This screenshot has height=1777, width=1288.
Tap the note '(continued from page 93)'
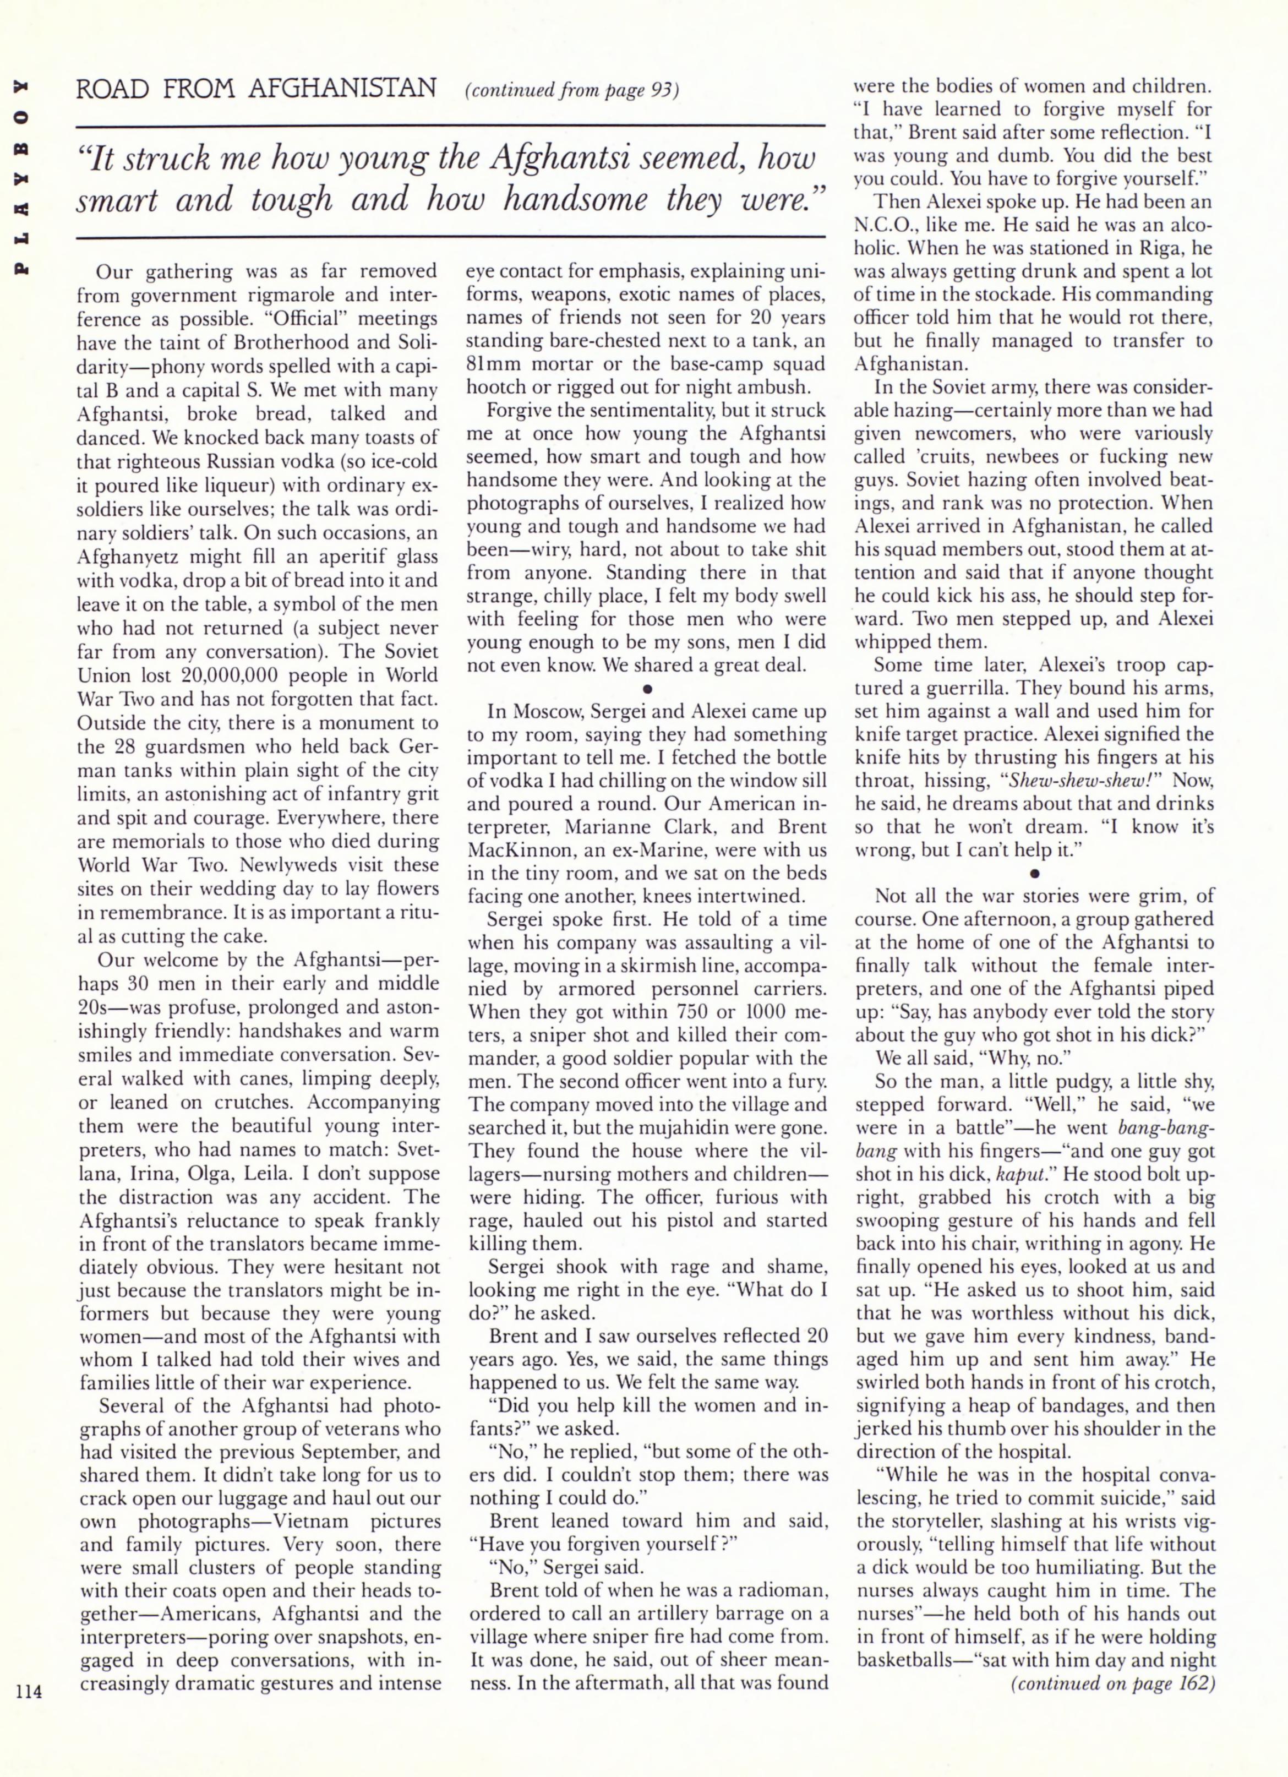click(x=571, y=91)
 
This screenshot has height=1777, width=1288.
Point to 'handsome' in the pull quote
click(x=574, y=200)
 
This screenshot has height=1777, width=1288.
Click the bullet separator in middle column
click(x=647, y=689)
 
